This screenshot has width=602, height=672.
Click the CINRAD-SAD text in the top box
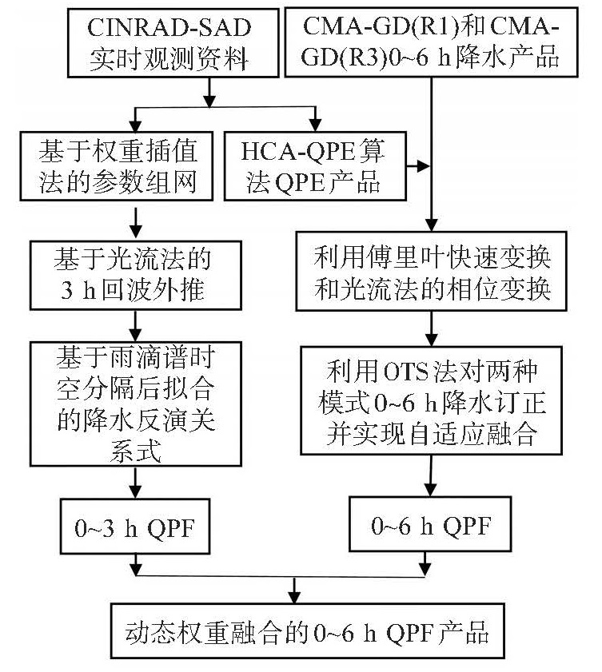[169, 27]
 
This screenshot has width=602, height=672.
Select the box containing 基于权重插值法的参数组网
[117, 166]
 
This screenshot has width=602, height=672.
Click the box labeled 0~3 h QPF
[135, 527]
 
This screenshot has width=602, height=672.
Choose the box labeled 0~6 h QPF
[430, 524]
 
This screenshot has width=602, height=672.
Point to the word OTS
[405, 372]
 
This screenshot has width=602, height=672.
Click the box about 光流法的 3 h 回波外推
[135, 275]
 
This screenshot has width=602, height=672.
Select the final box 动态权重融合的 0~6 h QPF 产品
[308, 631]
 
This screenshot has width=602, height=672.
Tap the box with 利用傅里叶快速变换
[432, 272]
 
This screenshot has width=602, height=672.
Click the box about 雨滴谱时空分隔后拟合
[135, 404]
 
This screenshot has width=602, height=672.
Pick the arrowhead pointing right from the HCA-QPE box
[423, 166]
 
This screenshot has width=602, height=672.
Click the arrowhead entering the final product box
[294, 597]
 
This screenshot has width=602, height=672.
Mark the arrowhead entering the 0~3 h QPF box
[135, 492]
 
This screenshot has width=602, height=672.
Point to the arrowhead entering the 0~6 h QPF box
[429, 490]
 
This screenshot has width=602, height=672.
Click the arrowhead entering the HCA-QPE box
[316, 125]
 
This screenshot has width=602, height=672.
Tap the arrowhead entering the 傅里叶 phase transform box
[432, 225]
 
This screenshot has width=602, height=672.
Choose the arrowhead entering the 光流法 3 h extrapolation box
[135, 234]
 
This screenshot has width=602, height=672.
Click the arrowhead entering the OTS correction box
[432, 340]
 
